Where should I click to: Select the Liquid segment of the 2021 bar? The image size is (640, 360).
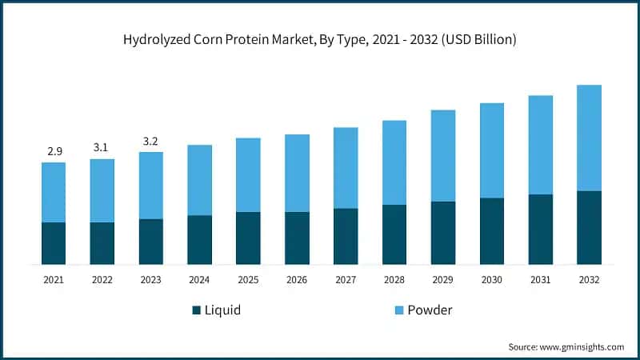tap(54, 243)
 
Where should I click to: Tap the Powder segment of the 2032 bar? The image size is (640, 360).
tap(589, 138)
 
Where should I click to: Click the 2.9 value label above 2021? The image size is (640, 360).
tap(54, 150)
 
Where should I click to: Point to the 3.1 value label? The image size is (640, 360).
tap(102, 147)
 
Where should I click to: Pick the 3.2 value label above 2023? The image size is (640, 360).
tap(150, 141)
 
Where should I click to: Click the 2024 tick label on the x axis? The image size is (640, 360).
tap(199, 280)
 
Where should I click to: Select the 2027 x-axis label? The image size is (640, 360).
tap(346, 280)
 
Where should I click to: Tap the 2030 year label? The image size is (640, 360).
tap(491, 280)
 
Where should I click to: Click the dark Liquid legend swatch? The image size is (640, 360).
tap(197, 310)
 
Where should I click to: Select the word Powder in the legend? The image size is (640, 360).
tap(430, 310)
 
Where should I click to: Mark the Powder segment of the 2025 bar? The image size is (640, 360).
tap(248, 174)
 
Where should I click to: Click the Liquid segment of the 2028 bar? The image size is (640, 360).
tap(394, 234)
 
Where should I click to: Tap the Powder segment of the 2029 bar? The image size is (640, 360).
tap(442, 155)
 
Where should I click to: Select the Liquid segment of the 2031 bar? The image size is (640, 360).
tap(540, 229)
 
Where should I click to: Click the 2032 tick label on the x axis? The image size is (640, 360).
tap(589, 280)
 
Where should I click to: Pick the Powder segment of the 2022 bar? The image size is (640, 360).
tap(102, 190)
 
